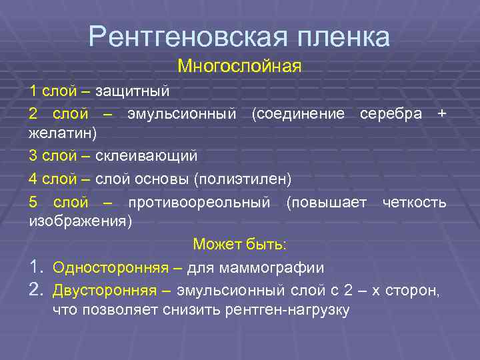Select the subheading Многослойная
coord(239,67)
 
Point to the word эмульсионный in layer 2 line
coord(181,113)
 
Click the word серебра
coord(391,113)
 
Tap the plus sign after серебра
coord(441,113)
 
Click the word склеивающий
coord(146,156)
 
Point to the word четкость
coord(414,202)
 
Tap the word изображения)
coord(81,221)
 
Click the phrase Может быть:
coord(239,245)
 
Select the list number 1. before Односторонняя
coord(37,268)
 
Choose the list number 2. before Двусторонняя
coord(37,291)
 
